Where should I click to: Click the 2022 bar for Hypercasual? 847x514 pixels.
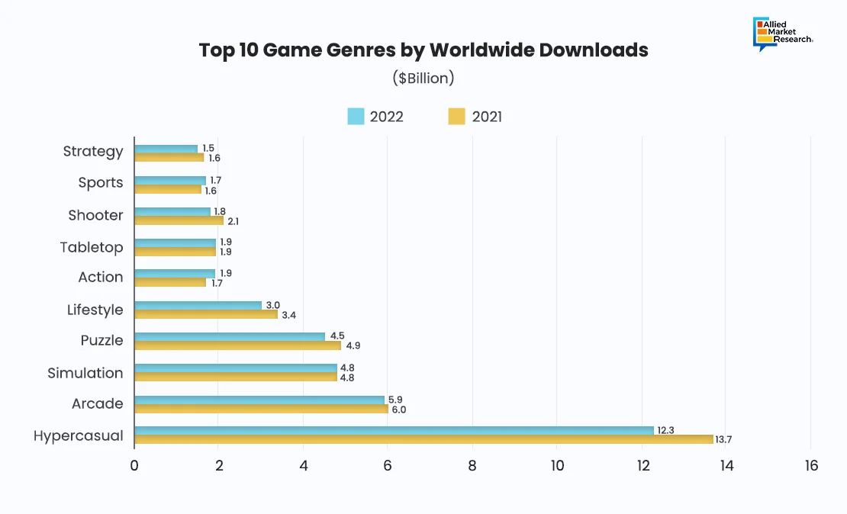394,430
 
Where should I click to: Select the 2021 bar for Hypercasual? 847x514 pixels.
423,439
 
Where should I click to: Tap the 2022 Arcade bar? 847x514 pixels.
259,400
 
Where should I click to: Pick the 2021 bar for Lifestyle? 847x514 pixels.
206,313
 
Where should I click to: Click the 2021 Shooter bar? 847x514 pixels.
179,220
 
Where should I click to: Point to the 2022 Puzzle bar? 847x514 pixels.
230,336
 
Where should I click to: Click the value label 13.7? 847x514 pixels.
723,440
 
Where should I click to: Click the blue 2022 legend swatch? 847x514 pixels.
356,117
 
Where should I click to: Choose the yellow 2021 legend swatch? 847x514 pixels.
456,117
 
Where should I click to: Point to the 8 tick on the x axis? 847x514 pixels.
472,465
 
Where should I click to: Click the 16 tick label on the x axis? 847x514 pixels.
810,465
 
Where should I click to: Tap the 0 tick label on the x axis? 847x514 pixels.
134,465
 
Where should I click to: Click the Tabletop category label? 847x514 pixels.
92,247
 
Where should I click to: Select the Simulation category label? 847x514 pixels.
85,373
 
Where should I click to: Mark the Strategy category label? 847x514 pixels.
93,151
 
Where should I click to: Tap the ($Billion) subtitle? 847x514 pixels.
423,78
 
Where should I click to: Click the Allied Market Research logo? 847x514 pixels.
781,33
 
